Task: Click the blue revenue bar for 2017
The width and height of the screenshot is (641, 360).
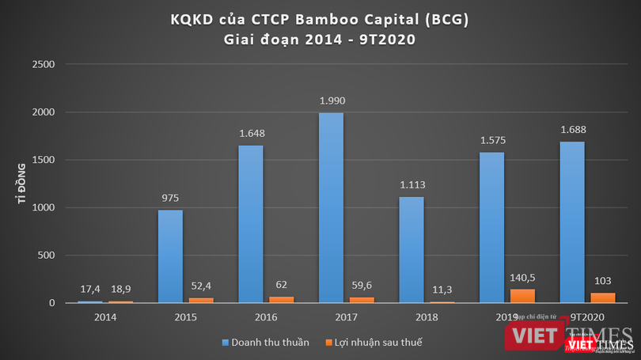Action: (331, 207)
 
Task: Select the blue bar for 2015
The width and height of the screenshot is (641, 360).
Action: (170, 256)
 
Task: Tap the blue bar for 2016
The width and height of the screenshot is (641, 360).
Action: (251, 224)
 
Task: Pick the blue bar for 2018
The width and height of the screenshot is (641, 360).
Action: (412, 249)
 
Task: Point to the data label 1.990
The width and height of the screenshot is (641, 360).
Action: (331, 100)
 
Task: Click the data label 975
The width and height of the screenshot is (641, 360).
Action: (170, 198)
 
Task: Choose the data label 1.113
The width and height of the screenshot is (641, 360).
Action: (412, 184)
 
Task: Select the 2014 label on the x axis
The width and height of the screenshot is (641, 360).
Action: (104, 317)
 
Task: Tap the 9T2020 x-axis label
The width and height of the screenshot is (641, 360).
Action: (586, 316)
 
